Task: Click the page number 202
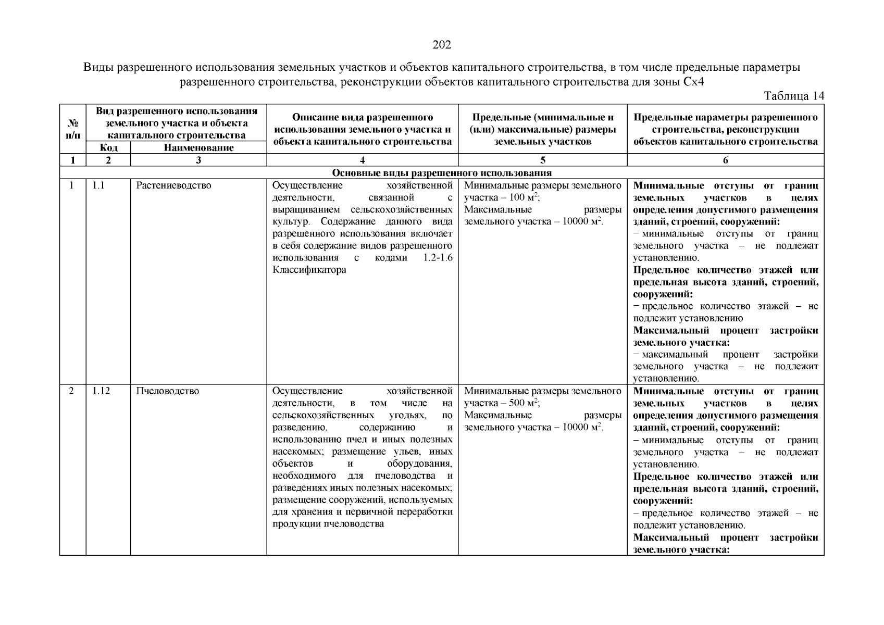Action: [442, 45]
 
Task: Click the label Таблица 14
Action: [793, 96]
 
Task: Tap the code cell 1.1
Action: [99, 185]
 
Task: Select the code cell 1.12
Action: [102, 391]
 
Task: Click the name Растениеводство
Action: [173, 185]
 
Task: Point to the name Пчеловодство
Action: [167, 391]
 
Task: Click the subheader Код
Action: [108, 148]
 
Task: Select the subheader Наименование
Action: [198, 148]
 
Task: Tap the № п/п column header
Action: [73, 129]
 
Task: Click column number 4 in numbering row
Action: [362, 160]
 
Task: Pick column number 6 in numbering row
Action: [725, 160]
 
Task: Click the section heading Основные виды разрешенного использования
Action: [442, 173]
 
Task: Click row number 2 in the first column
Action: [72, 391]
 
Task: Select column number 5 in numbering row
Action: [543, 160]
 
